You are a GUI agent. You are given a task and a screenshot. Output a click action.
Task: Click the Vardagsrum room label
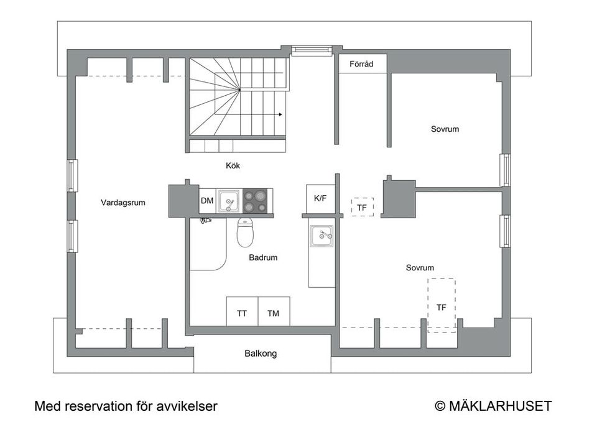123,203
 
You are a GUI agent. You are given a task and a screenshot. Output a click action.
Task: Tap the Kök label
233,166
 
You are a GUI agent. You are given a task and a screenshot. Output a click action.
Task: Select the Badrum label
263,257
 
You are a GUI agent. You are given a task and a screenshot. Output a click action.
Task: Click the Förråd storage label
361,63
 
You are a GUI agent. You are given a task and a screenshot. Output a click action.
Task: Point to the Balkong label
261,354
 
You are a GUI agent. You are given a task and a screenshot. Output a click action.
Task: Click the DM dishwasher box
207,201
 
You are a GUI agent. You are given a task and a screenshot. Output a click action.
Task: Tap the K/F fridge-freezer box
320,198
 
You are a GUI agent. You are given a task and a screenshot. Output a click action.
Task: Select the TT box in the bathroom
242,313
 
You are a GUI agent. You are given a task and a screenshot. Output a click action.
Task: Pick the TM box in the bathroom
274,313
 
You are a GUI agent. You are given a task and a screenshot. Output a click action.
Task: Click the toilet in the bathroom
246,233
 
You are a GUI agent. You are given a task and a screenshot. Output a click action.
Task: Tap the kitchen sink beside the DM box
229,201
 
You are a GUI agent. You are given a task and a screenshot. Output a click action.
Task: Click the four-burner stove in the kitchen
256,201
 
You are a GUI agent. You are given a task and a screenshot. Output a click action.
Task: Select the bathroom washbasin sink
322,234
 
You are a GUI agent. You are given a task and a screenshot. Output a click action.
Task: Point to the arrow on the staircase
280,114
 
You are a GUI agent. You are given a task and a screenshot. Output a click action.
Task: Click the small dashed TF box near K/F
362,207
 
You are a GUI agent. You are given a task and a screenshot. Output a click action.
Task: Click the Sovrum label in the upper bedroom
445,129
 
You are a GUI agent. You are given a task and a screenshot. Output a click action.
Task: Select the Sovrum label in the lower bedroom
420,268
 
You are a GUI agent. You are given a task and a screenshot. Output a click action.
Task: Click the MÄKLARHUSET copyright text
493,406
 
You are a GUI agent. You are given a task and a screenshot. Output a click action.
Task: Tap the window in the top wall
312,50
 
